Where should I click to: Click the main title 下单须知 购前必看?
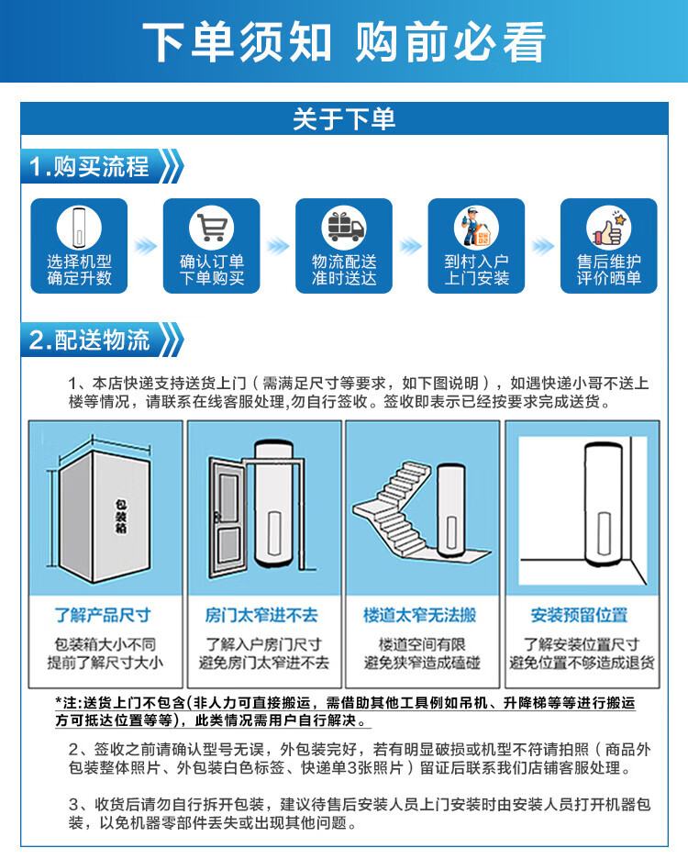click(x=344, y=40)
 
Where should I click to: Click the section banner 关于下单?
click(x=344, y=119)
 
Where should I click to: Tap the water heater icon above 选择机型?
click(x=79, y=227)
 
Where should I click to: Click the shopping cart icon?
click(x=211, y=227)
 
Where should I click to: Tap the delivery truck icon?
click(x=344, y=227)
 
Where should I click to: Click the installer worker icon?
click(x=476, y=227)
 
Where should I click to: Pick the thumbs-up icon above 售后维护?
click(x=608, y=227)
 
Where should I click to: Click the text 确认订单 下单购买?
click(x=211, y=270)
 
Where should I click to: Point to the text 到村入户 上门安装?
click(x=476, y=270)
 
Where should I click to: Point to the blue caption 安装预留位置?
click(x=580, y=615)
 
